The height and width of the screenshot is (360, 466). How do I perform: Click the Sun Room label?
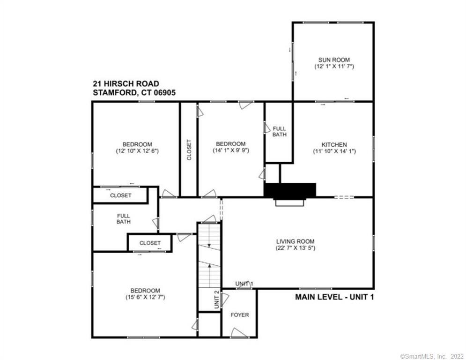(x=334, y=60)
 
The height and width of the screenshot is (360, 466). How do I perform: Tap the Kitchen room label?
(x=334, y=144)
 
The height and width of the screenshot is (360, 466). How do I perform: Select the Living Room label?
(x=295, y=241)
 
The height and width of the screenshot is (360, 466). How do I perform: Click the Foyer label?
(x=240, y=315)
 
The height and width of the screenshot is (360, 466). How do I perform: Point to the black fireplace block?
(x=290, y=190)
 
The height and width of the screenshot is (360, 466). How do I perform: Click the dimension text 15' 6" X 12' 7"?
(x=145, y=297)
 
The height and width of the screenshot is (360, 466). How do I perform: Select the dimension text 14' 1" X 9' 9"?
(x=230, y=151)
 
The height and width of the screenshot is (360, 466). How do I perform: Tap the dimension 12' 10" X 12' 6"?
(x=137, y=151)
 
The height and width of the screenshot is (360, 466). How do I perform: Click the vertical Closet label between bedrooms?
(x=189, y=150)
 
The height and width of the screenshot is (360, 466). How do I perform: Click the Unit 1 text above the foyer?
(x=244, y=284)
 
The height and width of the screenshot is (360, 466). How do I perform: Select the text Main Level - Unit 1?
(x=334, y=297)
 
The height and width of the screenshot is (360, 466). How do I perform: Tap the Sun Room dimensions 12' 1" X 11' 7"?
(x=334, y=67)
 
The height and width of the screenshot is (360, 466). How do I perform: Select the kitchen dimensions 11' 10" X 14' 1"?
(x=334, y=151)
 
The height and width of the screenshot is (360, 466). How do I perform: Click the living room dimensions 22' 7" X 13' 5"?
(x=295, y=248)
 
